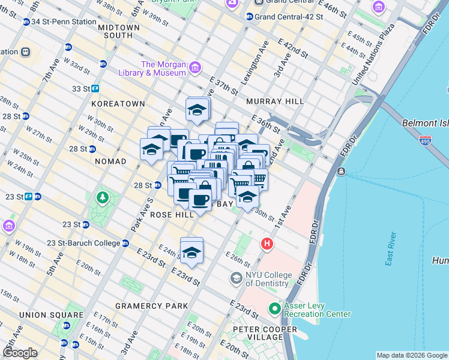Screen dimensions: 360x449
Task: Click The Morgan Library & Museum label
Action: click(162, 68)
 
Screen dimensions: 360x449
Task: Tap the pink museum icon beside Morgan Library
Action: click(194, 68)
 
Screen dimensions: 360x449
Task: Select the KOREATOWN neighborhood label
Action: click(118, 104)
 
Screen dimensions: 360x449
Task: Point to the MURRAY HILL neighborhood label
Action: click(275, 101)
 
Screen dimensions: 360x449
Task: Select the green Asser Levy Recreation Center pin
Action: click(275, 309)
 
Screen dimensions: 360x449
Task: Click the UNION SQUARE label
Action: click(51, 315)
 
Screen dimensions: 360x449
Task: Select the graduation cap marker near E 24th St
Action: click(191, 251)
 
